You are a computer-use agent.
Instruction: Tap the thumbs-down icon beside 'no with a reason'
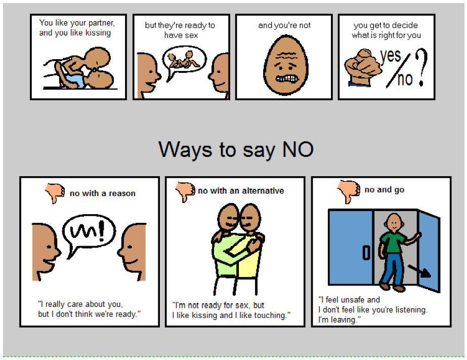pyautogui.click(x=55, y=193)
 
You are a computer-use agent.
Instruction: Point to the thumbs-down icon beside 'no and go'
pyautogui.click(x=349, y=191)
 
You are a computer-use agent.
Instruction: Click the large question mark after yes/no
pyautogui.click(x=421, y=67)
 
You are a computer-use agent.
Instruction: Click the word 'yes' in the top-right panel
pyautogui.click(x=391, y=56)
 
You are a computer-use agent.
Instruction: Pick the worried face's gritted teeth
pyautogui.click(x=286, y=78)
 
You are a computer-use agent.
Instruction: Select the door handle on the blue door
pyautogui.click(x=366, y=253)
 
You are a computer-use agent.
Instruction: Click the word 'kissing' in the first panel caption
pyautogui.click(x=98, y=33)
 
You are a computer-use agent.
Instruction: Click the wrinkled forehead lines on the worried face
pyautogui.click(x=286, y=56)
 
